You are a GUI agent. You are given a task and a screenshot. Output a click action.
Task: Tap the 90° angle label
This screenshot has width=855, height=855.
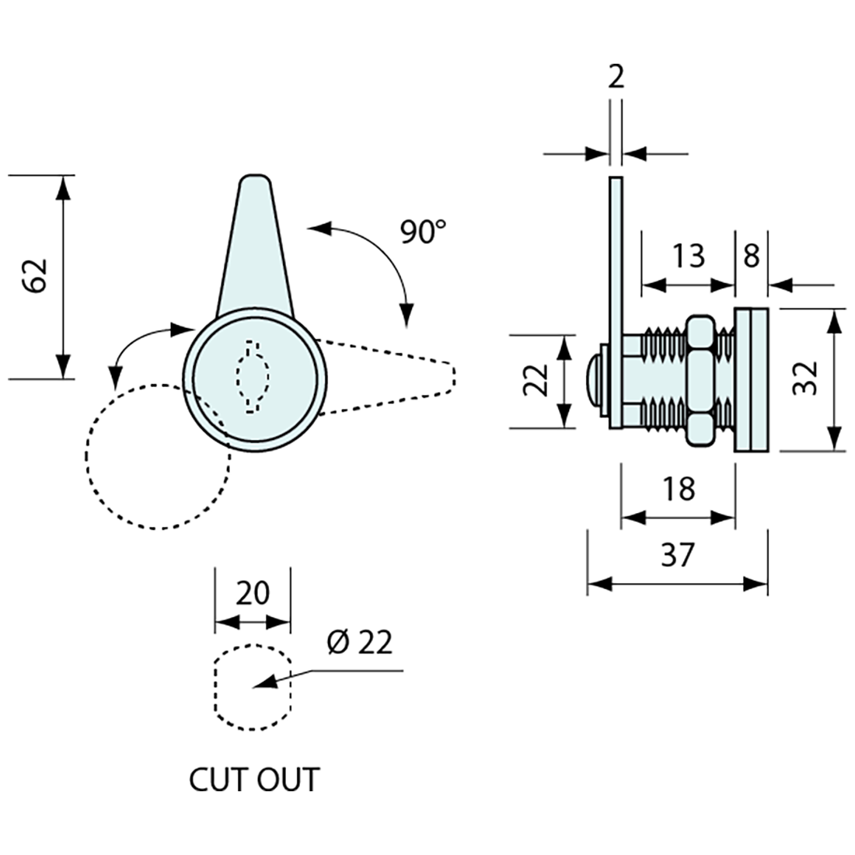tap(424, 232)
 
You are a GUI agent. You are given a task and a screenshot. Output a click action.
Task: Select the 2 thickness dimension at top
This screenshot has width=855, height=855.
tap(616, 78)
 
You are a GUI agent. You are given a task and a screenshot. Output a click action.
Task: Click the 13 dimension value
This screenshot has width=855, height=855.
tap(687, 255)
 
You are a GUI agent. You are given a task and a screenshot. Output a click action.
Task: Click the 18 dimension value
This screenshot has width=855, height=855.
tap(678, 490)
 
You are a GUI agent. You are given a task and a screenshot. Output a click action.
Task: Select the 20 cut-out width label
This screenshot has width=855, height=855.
tap(252, 594)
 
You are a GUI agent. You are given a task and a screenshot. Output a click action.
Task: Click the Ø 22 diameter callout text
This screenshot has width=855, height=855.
tap(360, 643)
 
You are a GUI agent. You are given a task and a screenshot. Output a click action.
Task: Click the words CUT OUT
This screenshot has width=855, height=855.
tap(254, 780)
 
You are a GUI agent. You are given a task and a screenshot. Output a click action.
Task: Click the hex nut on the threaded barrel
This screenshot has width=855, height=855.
tap(701, 381)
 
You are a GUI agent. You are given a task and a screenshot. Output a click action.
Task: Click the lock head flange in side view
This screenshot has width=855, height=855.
tap(752, 379)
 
